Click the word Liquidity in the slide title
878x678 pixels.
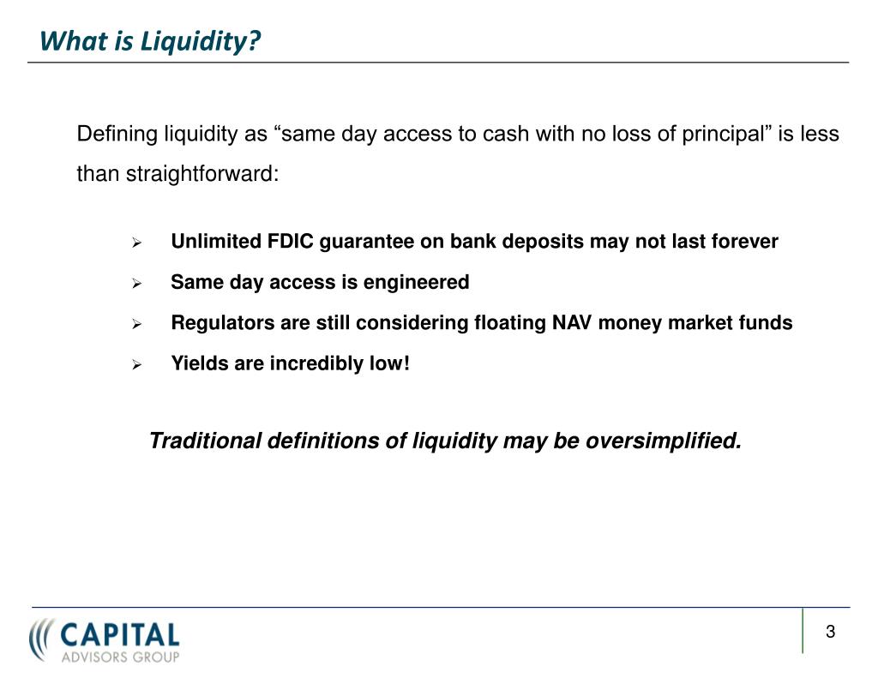210,40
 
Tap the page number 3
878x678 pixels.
830,633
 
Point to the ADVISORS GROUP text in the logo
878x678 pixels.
120,657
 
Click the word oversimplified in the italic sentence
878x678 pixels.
664,441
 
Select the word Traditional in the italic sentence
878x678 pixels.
206,441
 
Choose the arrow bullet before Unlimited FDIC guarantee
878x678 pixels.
135,243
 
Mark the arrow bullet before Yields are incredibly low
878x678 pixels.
135,365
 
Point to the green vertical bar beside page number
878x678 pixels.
803,631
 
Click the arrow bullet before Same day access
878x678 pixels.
135,284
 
